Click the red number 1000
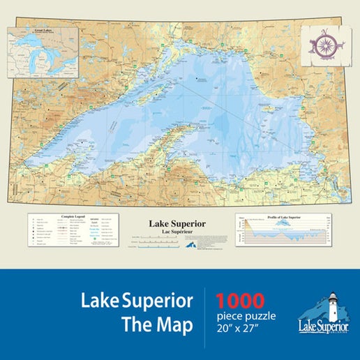click(240, 301)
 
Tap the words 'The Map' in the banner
click(156, 327)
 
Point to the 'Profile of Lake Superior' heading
click(282, 218)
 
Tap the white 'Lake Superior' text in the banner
click(137, 301)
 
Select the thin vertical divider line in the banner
click(204, 314)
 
